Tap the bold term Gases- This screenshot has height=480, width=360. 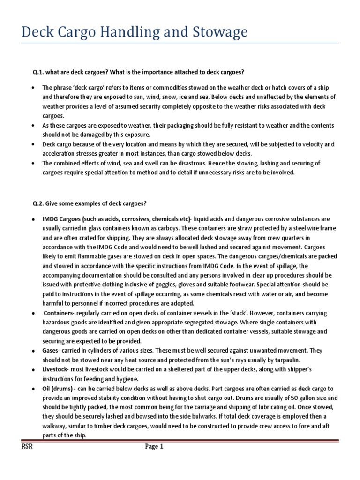click(x=52, y=351)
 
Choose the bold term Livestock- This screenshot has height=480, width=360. click(x=57, y=370)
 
